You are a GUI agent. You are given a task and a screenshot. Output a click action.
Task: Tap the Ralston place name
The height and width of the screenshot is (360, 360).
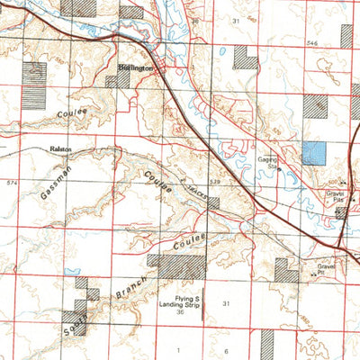point(61,150)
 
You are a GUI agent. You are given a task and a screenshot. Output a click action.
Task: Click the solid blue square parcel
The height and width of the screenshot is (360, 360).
point(314,152)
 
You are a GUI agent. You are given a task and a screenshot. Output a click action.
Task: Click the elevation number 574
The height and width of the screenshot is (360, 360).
point(11,184)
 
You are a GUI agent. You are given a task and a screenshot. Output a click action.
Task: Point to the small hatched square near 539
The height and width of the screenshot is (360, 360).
point(212,202)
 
